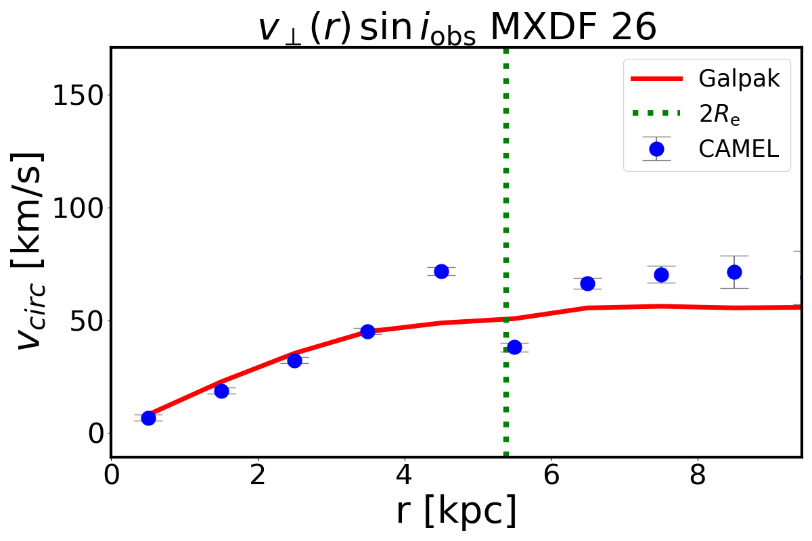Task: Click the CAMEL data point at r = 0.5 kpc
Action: point(148,418)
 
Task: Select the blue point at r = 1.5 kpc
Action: point(221,391)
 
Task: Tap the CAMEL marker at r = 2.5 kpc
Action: point(294,360)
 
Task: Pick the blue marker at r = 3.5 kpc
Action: point(367,331)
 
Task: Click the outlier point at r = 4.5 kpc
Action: point(441,271)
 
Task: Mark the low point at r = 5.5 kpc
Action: point(514,347)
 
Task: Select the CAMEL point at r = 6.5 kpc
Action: point(587,283)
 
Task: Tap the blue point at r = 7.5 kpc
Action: point(661,275)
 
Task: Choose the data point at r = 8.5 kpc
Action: point(734,272)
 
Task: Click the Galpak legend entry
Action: point(739,79)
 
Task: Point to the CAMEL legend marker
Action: point(656,149)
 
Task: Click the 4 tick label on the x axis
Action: point(404,475)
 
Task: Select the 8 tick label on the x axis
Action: point(698,475)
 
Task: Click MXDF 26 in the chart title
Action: point(572,28)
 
